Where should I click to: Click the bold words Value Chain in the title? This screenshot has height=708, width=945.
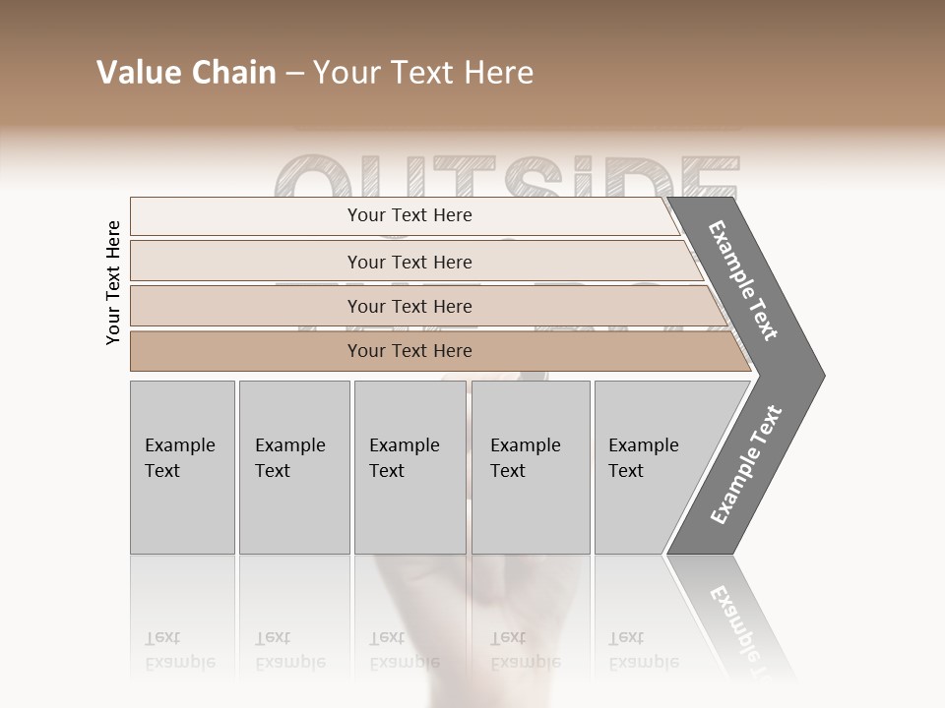tap(186, 73)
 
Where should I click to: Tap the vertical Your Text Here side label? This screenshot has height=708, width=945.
tap(113, 283)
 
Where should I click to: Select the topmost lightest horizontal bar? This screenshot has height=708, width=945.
tap(409, 215)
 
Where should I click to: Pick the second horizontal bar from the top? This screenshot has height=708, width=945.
tap(409, 262)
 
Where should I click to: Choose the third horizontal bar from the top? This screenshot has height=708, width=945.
tap(409, 306)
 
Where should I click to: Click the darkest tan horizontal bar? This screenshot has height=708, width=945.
tap(409, 351)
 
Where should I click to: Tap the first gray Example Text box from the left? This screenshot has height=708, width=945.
tap(182, 467)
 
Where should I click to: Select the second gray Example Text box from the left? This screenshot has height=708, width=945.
tap(293, 467)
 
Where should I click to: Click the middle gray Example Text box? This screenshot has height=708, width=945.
tap(409, 467)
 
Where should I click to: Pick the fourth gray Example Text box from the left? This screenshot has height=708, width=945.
tap(530, 467)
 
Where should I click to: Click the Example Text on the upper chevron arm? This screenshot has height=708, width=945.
tap(743, 280)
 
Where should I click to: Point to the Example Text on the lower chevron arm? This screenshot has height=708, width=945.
tap(746, 464)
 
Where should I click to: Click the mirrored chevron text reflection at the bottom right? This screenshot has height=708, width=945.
tap(736, 619)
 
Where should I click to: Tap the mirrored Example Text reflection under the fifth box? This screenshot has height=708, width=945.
tap(644, 650)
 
